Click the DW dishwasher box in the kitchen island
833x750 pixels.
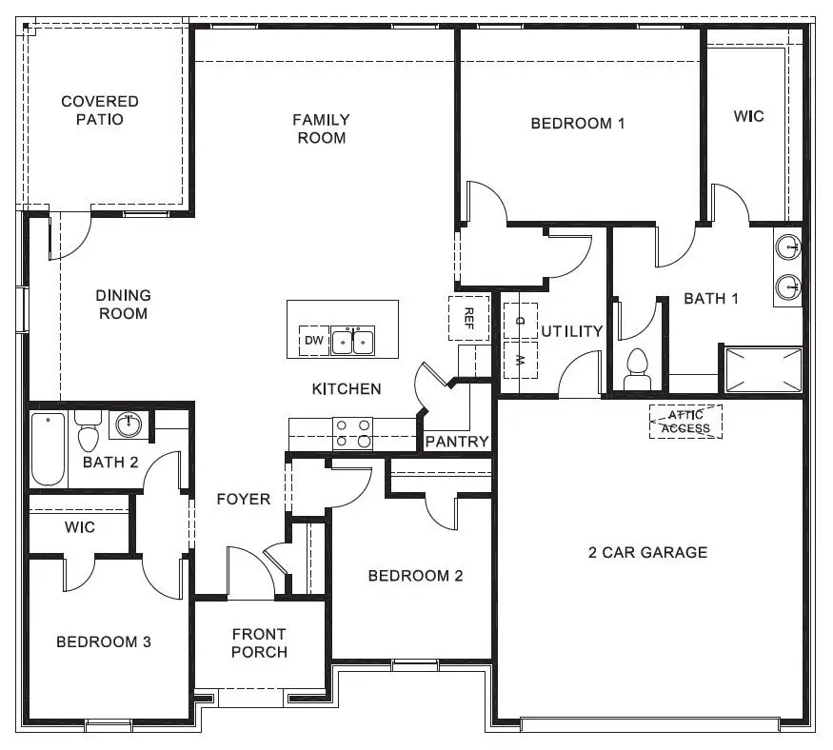tap(313, 341)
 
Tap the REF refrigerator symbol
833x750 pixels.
tap(468, 317)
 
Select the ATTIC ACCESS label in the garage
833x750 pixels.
tap(685, 422)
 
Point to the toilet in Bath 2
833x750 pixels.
tap(89, 432)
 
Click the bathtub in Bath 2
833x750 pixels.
tap(48, 447)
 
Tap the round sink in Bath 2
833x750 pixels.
tap(128, 424)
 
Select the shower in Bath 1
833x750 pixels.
tap(763, 370)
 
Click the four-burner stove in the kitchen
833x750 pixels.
tap(352, 433)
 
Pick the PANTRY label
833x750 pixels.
tap(457, 442)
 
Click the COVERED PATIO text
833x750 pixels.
tap(100, 110)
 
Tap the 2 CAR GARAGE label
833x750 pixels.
tap(647, 552)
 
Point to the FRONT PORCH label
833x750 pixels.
tap(259, 643)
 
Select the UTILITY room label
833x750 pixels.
tap(572, 331)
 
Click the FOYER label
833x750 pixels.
tap(243, 499)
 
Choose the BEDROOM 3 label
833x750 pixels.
tap(104, 641)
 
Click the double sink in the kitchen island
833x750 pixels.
tap(352, 340)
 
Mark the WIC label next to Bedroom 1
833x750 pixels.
tap(747, 116)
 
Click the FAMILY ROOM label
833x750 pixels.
tap(320, 128)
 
